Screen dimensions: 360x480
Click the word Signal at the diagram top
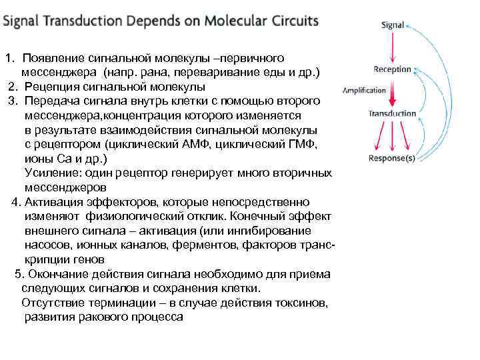coord(393,25)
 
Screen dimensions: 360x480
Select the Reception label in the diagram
coord(393,69)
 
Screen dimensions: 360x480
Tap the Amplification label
coord(364,90)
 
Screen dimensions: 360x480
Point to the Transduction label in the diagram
coord(392,114)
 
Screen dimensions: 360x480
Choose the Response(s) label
coord(392,159)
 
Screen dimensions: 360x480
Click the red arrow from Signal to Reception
coord(393,47)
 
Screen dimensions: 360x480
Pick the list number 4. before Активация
coord(16,202)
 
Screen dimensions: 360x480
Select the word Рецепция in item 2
coord(51,87)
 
